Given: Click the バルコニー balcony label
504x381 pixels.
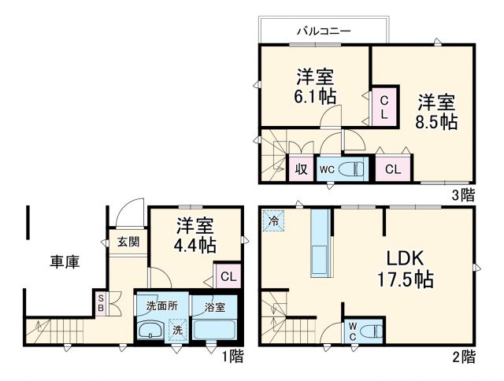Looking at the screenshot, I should [324, 31].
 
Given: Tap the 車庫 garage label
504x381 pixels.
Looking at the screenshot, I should [65, 261].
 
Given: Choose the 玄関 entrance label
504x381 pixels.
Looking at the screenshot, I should [128, 242].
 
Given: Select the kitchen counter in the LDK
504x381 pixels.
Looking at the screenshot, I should [320, 244].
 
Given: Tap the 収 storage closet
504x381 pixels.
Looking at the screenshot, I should [302, 168].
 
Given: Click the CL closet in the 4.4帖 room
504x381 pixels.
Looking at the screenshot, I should [226, 276].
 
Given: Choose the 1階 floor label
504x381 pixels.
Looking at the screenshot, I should [232, 357].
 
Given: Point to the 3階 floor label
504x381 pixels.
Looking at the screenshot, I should [464, 192].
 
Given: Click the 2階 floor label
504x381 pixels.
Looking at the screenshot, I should [464, 357].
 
